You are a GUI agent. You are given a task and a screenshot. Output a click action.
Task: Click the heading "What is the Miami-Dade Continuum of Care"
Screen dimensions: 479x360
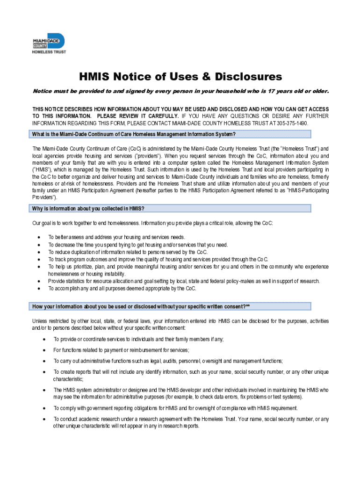coord(133,134)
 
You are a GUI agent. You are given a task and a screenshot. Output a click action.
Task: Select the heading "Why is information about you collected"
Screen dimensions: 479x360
coord(91,208)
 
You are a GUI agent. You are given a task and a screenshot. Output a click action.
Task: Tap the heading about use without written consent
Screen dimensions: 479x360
coord(140,306)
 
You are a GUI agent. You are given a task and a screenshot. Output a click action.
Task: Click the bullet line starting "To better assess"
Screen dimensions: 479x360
coord(116,237)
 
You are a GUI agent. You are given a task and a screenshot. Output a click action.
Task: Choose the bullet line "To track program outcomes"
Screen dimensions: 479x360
coord(158,259)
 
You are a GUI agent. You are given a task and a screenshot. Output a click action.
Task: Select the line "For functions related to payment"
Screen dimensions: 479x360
coord(121,350)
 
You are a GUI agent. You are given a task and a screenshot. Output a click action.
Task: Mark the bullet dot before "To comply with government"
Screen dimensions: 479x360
coord(43,408)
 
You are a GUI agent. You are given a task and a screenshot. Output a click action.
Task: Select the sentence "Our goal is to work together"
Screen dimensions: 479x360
coord(152,223)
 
